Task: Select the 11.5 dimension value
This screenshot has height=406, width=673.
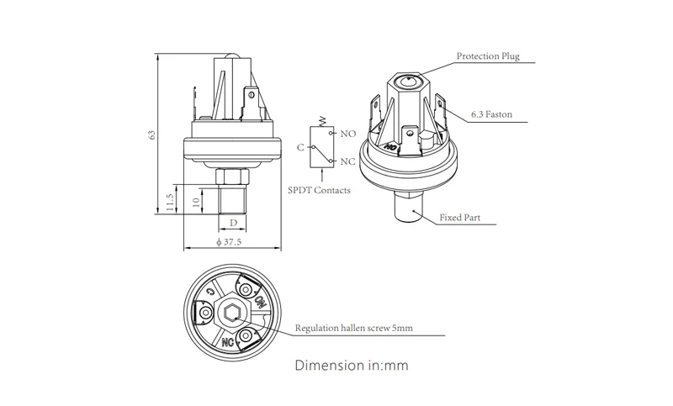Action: (x=170, y=202)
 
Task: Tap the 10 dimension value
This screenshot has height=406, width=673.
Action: (x=195, y=202)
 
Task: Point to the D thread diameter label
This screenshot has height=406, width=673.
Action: (x=233, y=223)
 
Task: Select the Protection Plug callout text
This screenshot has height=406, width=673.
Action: (x=488, y=57)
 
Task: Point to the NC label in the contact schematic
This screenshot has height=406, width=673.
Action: (x=347, y=161)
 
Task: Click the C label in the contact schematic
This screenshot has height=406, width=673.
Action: (x=299, y=147)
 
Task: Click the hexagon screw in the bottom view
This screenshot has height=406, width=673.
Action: (x=231, y=315)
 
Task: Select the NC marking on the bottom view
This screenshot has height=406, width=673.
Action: (x=227, y=343)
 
